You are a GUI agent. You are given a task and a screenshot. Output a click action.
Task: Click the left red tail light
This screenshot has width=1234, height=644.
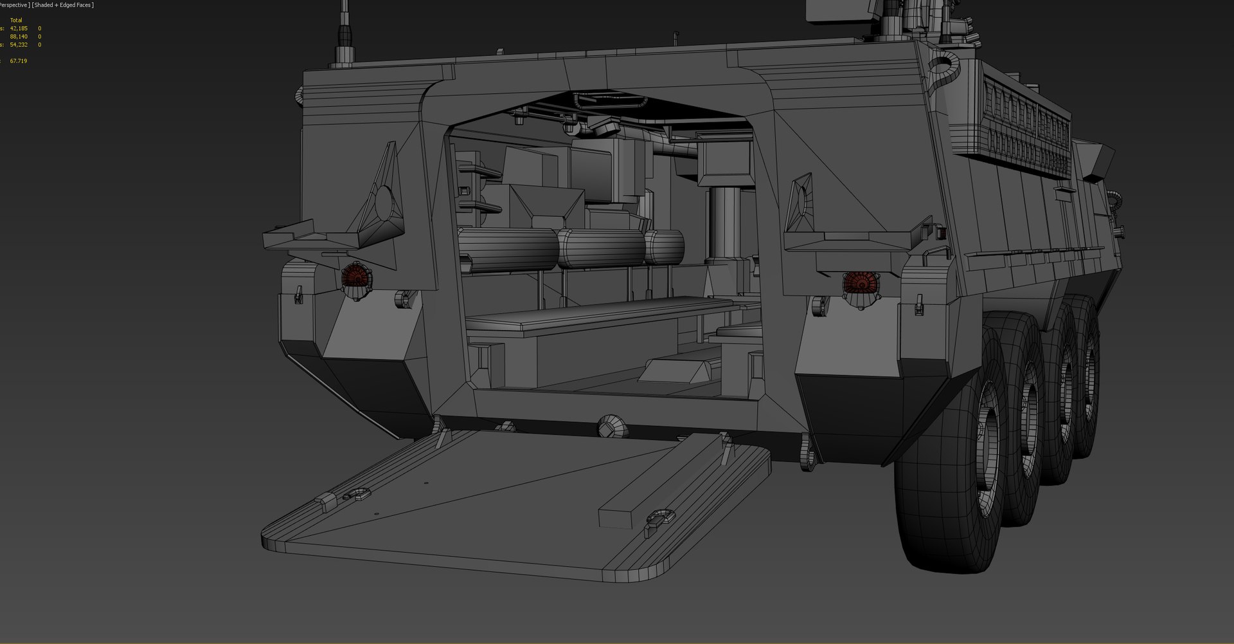click(353, 277)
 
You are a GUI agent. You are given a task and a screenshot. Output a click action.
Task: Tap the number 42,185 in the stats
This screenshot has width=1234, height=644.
click(19, 28)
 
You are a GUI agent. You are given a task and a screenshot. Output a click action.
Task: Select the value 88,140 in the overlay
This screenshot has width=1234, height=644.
click(19, 37)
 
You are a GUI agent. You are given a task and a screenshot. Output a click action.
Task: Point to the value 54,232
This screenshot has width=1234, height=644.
click(19, 45)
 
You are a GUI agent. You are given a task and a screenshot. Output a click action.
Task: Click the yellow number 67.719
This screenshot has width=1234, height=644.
click(19, 61)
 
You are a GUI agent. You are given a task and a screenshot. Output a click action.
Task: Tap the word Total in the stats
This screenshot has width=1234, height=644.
click(16, 21)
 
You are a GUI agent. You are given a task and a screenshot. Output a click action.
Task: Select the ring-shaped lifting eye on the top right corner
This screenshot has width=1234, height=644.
click(942, 65)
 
